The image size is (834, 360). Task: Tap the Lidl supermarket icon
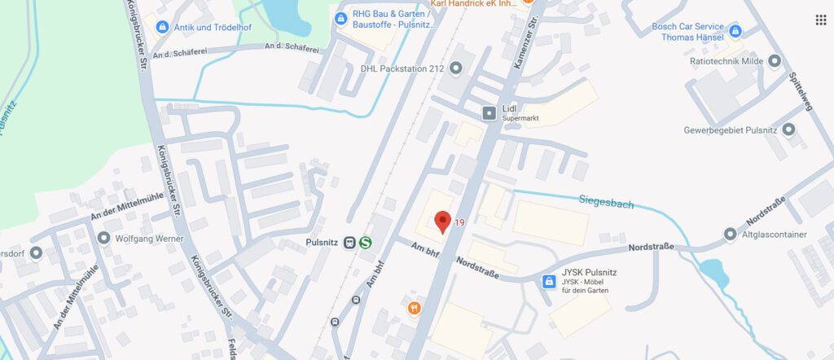tap(489, 112)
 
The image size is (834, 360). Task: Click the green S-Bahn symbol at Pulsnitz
tap(365, 242)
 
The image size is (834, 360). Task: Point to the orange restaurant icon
tap(415, 308)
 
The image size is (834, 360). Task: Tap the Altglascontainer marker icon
tap(730, 235)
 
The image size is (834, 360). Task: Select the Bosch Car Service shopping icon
tap(735, 32)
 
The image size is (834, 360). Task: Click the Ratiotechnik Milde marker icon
tap(775, 60)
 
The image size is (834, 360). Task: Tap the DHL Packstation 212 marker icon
tap(455, 68)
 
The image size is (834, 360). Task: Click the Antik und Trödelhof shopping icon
tap(162, 27)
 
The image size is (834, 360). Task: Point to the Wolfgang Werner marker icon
tap(103, 239)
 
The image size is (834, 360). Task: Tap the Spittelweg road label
tap(801, 90)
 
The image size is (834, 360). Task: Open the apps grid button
tap(821, 20)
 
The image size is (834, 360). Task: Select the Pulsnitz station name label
tap(322, 242)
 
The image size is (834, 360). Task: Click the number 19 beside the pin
tap(460, 222)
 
